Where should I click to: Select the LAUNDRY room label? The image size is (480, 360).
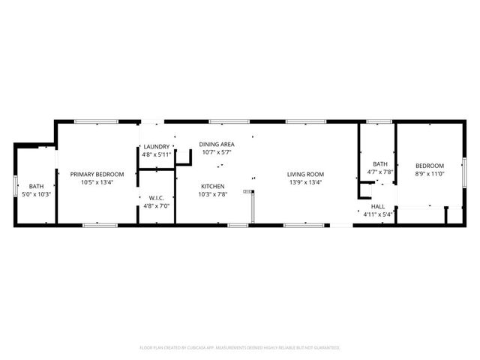tap(157, 146)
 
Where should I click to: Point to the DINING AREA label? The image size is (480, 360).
tap(217, 144)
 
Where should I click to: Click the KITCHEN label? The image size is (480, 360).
tap(212, 186)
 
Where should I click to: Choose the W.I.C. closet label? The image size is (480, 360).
tap(156, 198)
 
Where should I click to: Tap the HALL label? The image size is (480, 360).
tap(378, 206)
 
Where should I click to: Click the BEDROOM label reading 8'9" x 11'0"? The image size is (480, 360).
tap(430, 166)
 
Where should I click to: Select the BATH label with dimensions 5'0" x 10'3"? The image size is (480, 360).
tap(36, 186)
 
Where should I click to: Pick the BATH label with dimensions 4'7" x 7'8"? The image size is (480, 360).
tap(380, 164)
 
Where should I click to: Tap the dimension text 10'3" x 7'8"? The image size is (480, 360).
tap(212, 194)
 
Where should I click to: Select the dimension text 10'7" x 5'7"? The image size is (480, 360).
tap(217, 152)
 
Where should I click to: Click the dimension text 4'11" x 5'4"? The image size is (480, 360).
tap(378, 214)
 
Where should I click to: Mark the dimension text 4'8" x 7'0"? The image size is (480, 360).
tap(156, 205)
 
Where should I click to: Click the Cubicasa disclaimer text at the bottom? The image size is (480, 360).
tap(240, 348)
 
